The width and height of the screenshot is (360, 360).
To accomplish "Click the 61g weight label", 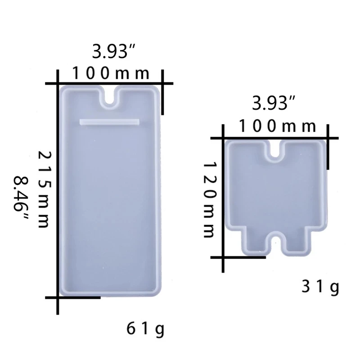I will point(145,329).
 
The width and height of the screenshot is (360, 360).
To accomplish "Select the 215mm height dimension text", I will point(44,189).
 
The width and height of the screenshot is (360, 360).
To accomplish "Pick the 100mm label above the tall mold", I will point(111,73).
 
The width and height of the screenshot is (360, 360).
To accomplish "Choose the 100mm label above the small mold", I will point(278,126).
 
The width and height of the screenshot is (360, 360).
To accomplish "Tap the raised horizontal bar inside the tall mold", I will point(109,121).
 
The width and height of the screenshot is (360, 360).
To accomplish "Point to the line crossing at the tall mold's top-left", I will point(58,83).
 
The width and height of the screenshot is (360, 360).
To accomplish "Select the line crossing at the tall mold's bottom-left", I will point(58,297).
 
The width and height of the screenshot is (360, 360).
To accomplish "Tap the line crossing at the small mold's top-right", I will point(328,138).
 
